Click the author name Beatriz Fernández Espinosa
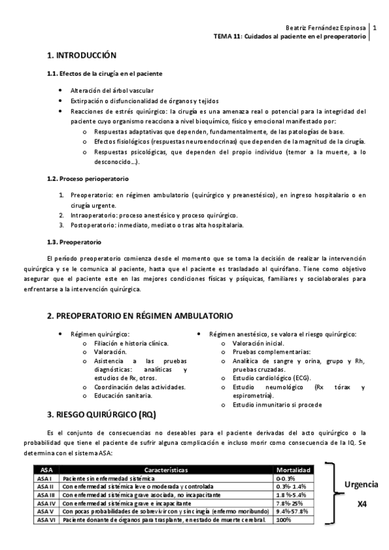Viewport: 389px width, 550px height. coord(327,29)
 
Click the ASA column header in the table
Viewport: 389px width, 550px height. coord(46,468)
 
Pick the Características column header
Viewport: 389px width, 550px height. coord(166,468)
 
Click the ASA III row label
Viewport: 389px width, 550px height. coord(45,494)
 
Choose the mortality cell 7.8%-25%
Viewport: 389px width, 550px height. coord(288,503)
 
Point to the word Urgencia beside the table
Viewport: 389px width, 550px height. coord(361,484)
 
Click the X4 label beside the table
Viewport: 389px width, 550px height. coord(362,502)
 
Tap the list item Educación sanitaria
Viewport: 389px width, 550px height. coord(123,395)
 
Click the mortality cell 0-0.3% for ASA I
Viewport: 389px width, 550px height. coord(286,477)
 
